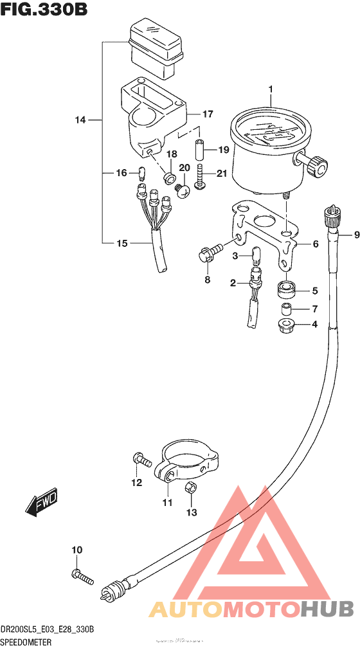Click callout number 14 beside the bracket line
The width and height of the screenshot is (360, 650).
pos(80,120)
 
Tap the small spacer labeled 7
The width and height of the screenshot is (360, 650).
pos(287,309)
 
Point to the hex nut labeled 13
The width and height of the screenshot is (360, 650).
pos(191,489)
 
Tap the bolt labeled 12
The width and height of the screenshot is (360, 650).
pos(141,460)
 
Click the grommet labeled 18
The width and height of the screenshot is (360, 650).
pos(170,176)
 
